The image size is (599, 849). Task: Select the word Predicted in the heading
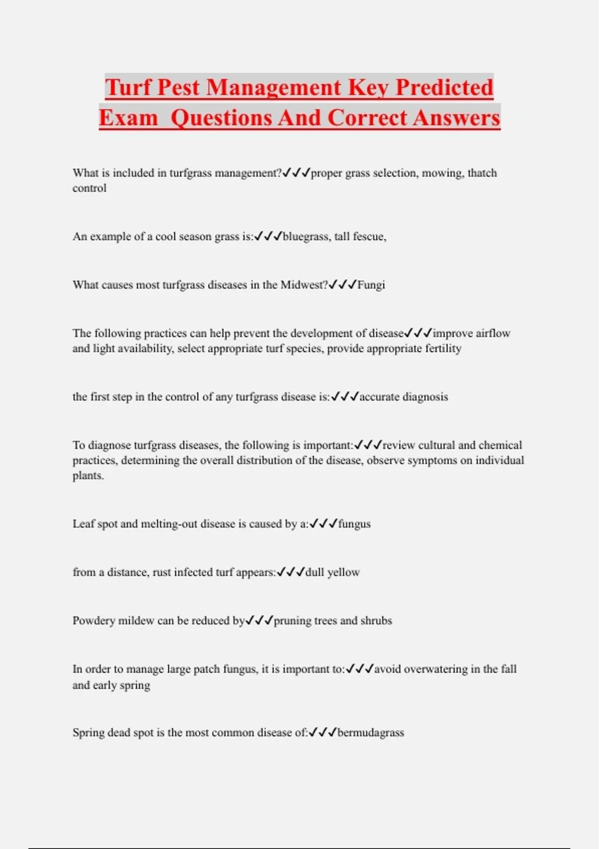tap(444, 87)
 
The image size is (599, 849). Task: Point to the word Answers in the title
tap(456, 118)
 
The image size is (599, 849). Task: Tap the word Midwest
tap(303, 285)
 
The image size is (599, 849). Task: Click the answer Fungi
tap(371, 285)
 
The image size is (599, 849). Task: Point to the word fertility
tap(443, 348)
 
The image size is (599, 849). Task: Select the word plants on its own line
tap(88, 475)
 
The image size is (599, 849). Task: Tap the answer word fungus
tap(354, 524)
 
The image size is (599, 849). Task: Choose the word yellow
tap(343, 572)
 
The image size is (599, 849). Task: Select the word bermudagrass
tap(371, 733)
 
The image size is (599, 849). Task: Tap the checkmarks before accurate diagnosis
tap(345, 397)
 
